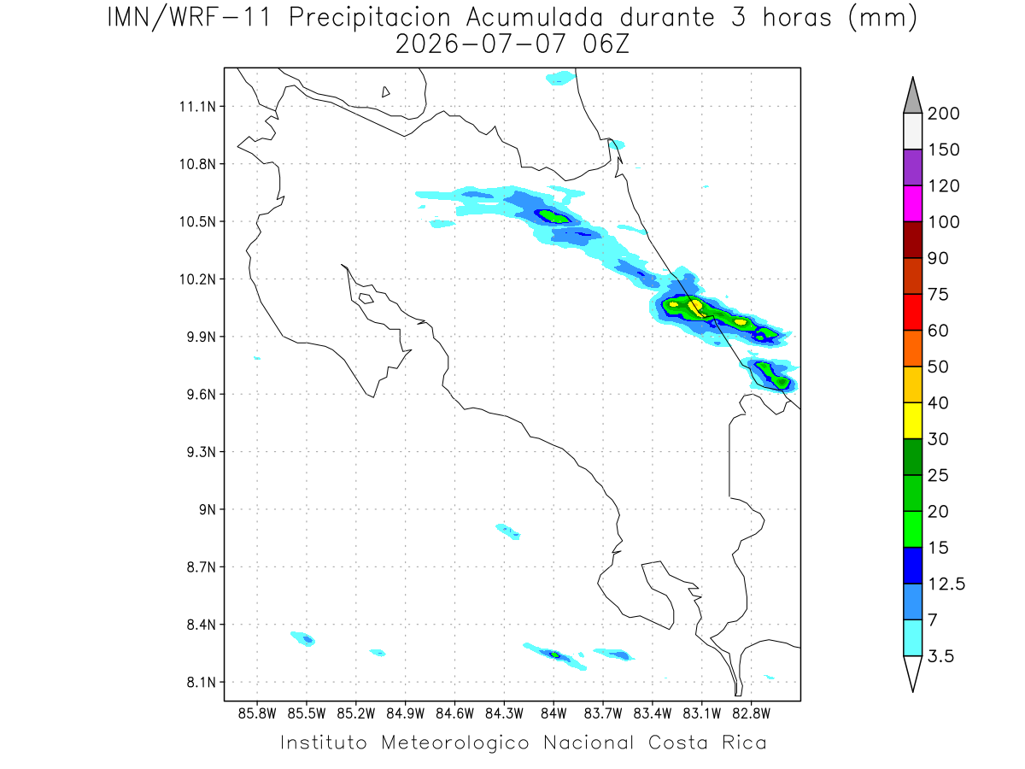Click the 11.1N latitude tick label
197,107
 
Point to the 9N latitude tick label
208,509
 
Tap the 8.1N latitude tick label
202,682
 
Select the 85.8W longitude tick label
257,714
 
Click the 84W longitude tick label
553,714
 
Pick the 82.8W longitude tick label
751,714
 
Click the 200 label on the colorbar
943,114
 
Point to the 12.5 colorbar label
946,584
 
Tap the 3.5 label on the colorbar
940,656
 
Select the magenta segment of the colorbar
912,203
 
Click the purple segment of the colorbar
912,167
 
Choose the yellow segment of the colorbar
912,420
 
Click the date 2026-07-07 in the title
481,44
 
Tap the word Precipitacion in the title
370,18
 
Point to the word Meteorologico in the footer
454,743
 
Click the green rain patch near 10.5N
553,217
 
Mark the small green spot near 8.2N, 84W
554,655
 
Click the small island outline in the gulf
366,298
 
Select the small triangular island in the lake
385,92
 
